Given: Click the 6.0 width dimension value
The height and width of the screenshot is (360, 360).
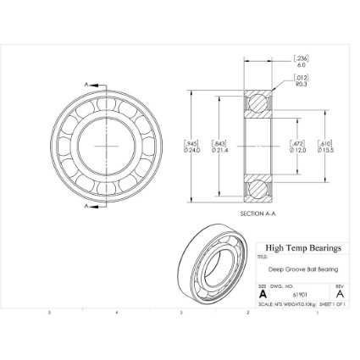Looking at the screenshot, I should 301,64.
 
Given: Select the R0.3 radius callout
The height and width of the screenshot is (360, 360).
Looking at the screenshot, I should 301,83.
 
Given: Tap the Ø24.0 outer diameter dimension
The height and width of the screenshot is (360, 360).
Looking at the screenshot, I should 192,150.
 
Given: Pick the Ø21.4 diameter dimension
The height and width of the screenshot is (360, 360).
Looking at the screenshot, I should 219,150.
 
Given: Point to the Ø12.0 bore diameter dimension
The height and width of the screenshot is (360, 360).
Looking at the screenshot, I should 299,150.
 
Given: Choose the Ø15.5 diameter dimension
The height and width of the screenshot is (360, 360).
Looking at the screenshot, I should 326,150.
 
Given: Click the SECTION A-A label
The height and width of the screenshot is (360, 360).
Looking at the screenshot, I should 258,213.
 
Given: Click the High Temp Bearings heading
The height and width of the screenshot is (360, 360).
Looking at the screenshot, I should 302,248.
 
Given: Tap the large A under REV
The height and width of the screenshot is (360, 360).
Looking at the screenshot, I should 339,294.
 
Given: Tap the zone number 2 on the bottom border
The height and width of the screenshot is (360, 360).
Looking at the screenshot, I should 246,312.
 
